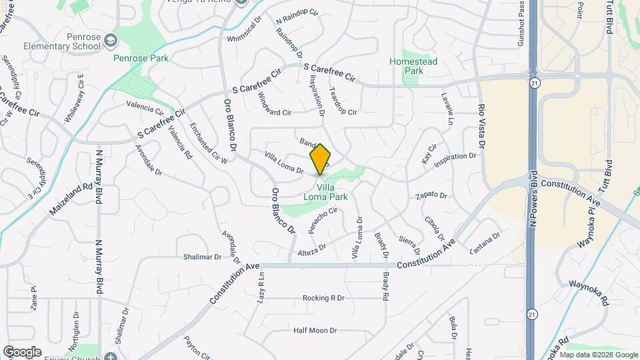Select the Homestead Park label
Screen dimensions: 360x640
click(x=413, y=66)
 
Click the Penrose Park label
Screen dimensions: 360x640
click(x=141, y=58)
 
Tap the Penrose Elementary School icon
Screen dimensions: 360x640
click(x=111, y=42)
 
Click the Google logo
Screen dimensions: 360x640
click(x=22, y=351)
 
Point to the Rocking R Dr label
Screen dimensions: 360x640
click(x=323, y=298)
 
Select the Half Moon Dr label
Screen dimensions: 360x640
click(x=315, y=330)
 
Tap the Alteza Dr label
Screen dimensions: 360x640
click(x=312, y=248)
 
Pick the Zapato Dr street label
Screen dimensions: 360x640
click(x=430, y=195)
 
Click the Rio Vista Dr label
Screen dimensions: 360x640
click(x=481, y=127)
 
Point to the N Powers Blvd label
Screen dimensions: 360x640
click(x=533, y=200)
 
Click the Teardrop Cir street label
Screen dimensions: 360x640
click(x=343, y=102)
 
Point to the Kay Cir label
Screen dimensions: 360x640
click(x=428, y=154)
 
